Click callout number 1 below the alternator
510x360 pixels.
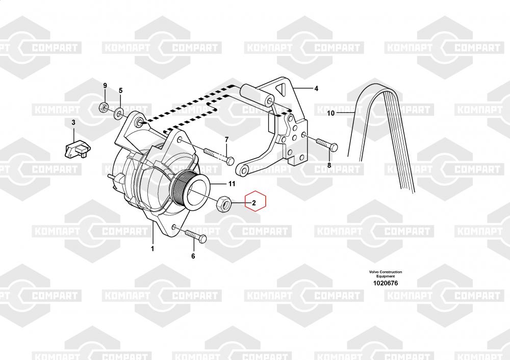click(152, 249)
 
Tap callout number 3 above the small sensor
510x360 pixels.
click(73, 122)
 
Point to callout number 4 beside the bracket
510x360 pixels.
click(316, 89)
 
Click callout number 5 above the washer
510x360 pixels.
click(121, 91)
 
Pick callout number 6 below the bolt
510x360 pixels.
click(193, 256)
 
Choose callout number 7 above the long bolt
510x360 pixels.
click(226, 140)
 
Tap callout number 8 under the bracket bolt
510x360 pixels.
click(329, 165)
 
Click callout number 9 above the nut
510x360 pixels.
click(105, 85)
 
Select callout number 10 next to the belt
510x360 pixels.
click(330, 113)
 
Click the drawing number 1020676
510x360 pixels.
click(385, 283)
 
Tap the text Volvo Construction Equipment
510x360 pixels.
click(385, 274)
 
